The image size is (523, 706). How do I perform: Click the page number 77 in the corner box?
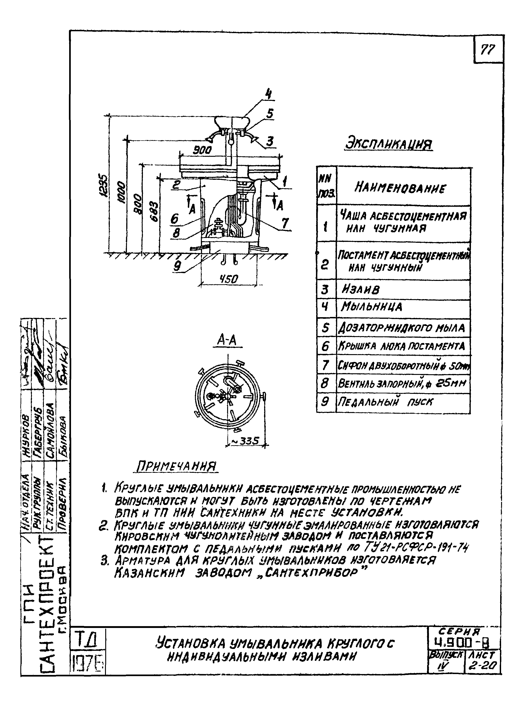[488, 50]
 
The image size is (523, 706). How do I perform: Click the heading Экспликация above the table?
[389, 144]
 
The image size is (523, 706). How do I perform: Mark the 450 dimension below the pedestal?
[229, 279]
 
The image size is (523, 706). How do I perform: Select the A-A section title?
[227, 340]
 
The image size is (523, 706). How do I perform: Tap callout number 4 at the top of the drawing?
[268, 94]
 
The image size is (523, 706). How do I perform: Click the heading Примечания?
[176, 466]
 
